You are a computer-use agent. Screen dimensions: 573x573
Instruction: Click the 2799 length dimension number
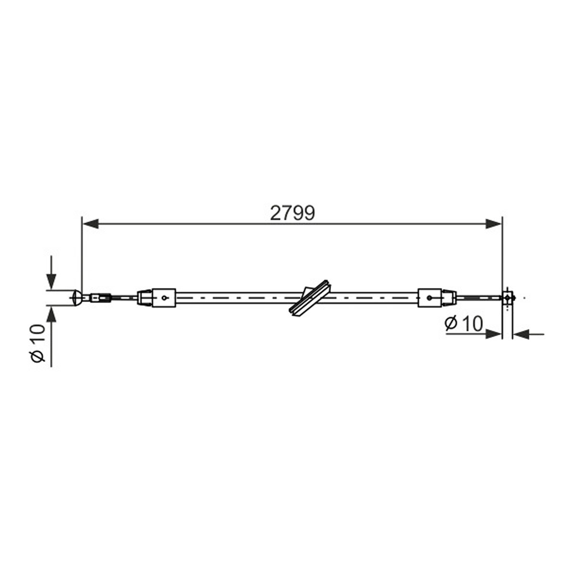[292, 213]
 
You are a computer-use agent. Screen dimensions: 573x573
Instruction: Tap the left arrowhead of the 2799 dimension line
[90, 223]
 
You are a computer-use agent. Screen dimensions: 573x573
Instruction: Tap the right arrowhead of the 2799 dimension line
[494, 223]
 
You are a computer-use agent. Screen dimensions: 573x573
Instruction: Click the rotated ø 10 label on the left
[38, 343]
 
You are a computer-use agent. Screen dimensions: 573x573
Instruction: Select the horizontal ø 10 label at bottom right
[464, 324]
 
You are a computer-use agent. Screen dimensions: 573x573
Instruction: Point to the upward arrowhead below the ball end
[52, 314]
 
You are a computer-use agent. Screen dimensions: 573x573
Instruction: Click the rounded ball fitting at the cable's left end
[77, 297]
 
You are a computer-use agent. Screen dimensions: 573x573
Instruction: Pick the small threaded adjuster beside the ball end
[101, 297]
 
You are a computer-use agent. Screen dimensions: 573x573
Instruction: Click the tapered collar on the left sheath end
[145, 297]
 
